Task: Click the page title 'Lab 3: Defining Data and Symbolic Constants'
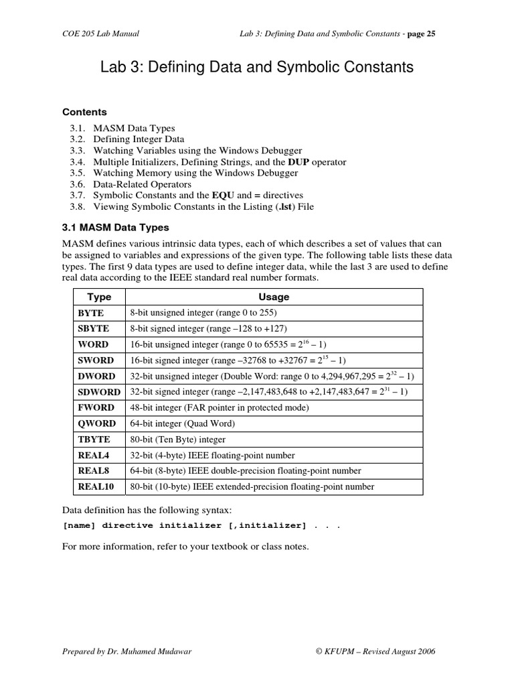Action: point(256,68)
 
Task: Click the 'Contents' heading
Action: point(84,112)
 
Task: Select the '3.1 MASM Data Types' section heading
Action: point(116,228)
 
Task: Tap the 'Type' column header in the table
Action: point(99,297)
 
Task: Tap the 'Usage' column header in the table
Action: point(274,297)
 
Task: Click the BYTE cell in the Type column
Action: point(92,313)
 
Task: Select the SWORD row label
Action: point(96,360)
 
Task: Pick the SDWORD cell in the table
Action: point(99,392)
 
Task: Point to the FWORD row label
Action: point(96,407)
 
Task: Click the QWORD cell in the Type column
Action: point(96,423)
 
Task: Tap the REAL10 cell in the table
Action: point(96,487)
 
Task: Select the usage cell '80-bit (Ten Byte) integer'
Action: point(177,439)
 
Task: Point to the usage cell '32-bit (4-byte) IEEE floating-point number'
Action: point(212,456)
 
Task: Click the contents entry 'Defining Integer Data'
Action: point(139,139)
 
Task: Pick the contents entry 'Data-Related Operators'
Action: point(142,184)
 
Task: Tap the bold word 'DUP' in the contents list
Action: point(298,162)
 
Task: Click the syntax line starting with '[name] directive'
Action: point(201,526)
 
